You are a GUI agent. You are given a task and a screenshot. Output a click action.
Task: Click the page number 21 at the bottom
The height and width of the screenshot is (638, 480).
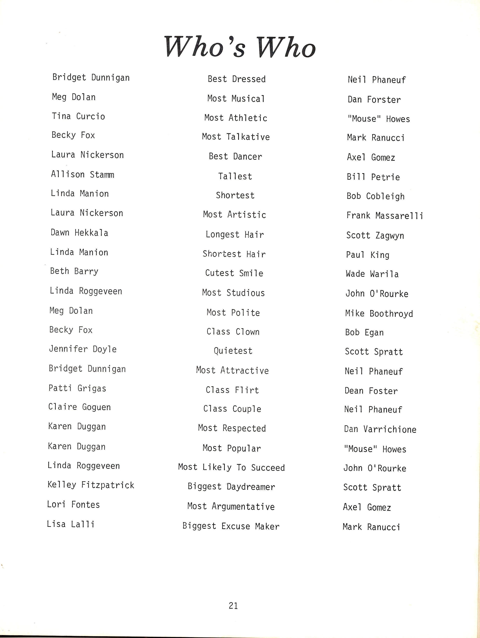233,605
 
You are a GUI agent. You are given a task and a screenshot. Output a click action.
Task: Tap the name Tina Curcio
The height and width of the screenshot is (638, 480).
78,116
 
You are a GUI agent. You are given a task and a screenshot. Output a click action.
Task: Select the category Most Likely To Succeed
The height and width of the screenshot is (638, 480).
232,467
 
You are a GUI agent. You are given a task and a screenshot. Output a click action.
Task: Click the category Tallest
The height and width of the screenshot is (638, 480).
235,176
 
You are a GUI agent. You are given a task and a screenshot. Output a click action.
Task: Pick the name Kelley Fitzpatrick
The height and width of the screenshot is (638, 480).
91,485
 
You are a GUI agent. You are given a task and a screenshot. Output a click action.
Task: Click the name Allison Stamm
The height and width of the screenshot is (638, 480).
83,175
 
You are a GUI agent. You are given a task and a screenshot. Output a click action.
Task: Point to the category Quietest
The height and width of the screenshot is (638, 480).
233,351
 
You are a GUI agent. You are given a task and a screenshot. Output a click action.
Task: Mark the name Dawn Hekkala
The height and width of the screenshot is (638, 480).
79,233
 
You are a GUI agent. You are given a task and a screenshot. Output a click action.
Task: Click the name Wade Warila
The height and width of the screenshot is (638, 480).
372,274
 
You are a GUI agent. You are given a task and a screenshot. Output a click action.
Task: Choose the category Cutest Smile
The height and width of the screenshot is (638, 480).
234,273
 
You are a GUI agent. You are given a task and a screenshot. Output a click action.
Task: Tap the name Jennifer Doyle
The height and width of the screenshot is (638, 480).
83,349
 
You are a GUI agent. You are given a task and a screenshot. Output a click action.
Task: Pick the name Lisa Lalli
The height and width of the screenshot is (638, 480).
71,524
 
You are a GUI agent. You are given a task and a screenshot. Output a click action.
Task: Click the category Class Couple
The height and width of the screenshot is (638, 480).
232,409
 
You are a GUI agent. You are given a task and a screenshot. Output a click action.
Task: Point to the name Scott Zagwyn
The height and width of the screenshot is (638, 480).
375,236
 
